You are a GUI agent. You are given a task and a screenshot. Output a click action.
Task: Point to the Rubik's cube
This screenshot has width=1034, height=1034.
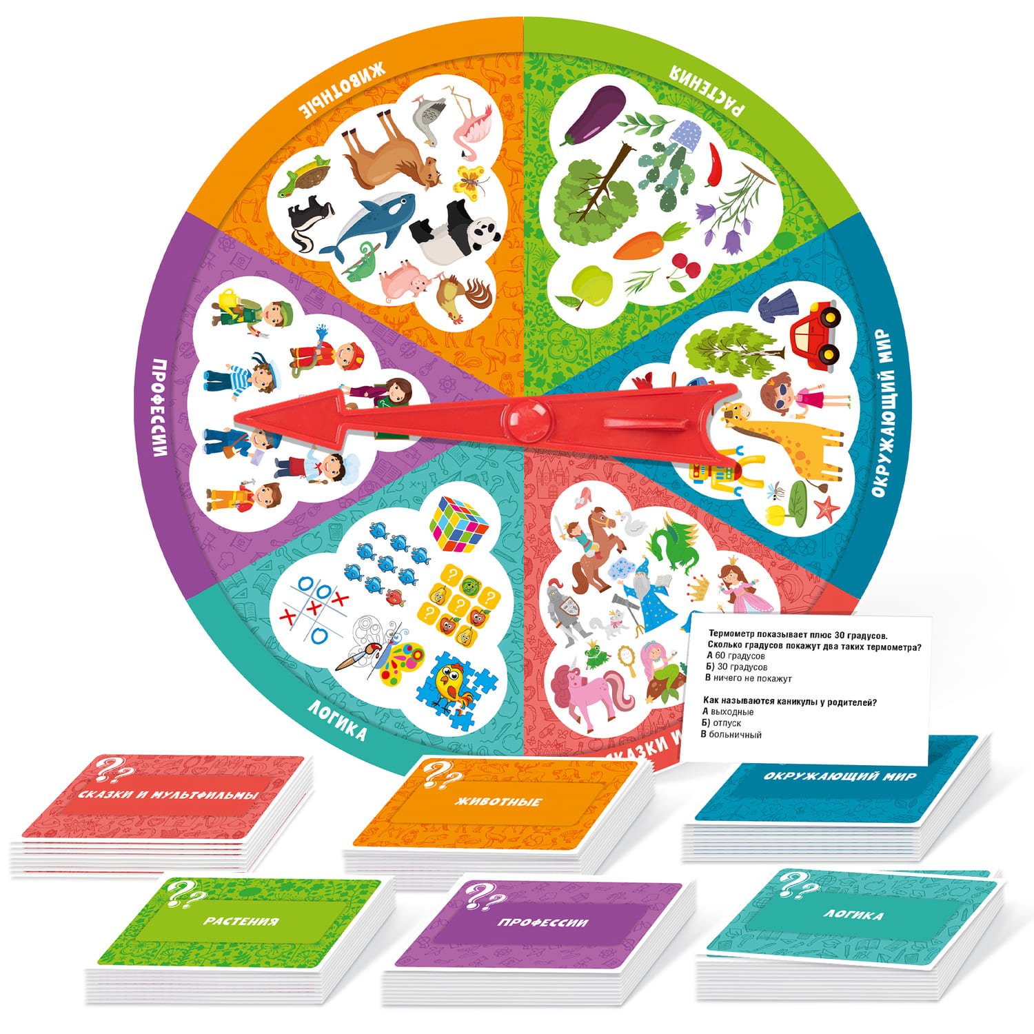coord(458,524)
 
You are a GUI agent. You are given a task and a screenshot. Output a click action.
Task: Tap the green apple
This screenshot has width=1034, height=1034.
coord(591,285)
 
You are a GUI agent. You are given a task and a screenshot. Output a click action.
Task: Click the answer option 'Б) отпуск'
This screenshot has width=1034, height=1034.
coord(722,722)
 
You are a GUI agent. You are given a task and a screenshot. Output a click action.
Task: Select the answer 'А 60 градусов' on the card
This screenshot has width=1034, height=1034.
coord(736,656)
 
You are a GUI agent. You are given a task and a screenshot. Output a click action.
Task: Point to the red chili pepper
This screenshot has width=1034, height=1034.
coord(715,164)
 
